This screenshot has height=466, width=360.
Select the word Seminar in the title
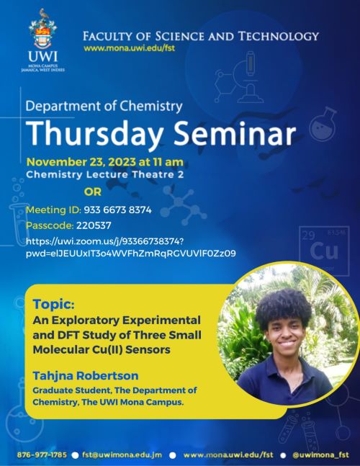point(235,133)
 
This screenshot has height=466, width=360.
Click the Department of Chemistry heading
point(104,107)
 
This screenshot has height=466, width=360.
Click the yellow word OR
point(93,192)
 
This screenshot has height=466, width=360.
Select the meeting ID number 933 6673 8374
point(117,210)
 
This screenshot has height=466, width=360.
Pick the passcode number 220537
point(94,225)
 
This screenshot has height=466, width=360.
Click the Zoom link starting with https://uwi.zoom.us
point(131,247)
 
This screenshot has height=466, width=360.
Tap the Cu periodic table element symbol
point(324,251)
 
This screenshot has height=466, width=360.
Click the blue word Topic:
point(53,304)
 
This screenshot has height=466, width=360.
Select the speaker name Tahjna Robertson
point(86,376)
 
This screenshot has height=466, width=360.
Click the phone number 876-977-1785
point(42,455)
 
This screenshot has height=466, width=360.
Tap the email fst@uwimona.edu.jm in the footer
point(122,455)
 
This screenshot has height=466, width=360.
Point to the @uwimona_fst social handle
point(320,455)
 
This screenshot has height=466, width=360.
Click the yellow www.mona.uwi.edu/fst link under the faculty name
point(129,48)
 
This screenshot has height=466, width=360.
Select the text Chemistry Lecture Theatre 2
point(105,174)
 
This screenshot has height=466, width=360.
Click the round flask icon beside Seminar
point(323,124)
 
